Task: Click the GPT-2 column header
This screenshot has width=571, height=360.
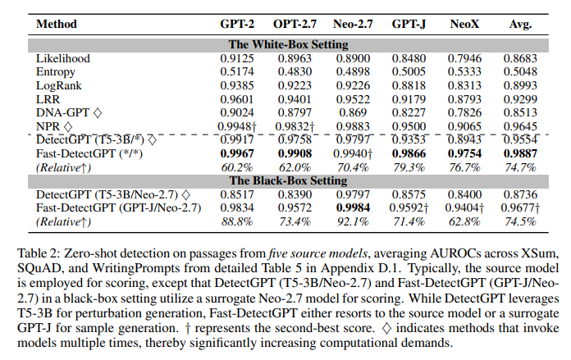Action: coord(237,24)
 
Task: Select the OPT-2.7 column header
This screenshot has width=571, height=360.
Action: coord(295,24)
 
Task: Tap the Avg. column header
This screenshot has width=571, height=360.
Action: coord(520,25)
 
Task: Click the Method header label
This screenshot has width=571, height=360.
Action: coord(57,24)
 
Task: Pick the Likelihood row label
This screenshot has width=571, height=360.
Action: coord(62,58)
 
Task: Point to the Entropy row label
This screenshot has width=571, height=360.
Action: coord(55,72)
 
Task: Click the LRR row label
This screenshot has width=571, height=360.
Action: coord(48,99)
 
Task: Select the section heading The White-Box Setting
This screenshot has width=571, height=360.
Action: coord(289,44)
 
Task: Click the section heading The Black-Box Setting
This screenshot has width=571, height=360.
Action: coord(289,180)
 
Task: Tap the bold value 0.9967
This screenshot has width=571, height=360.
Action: coord(237,153)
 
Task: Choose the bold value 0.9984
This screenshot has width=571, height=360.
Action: coord(353,207)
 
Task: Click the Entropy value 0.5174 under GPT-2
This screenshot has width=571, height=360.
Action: coord(237,71)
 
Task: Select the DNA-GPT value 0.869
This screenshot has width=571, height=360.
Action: coord(353,113)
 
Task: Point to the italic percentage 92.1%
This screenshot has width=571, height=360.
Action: coord(353,221)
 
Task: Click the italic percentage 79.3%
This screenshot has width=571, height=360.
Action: coord(409,167)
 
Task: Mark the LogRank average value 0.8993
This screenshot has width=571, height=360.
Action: coord(520,85)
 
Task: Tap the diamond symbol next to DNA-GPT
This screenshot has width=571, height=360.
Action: coord(98,113)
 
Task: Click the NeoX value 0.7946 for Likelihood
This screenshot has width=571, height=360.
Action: coord(464,58)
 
